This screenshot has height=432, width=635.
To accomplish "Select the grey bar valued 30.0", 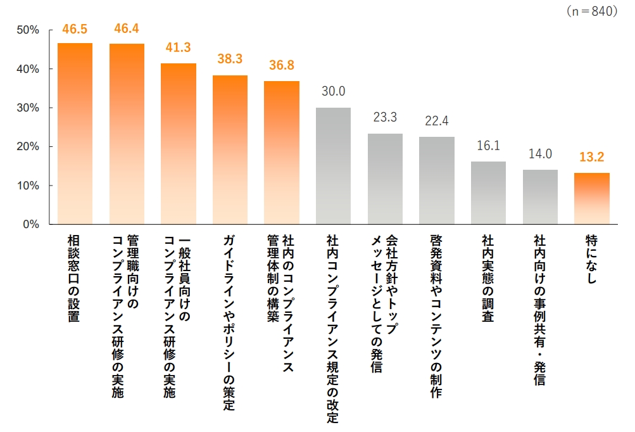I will (x=333, y=166).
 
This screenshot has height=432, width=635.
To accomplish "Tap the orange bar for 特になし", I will (x=591, y=198).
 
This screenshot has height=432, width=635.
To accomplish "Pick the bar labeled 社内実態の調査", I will (x=488, y=193).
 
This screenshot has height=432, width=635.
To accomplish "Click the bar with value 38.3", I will (x=230, y=149).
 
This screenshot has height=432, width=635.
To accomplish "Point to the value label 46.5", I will (x=75, y=29).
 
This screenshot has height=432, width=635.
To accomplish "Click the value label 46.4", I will (x=127, y=29).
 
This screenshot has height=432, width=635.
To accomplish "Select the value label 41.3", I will (x=178, y=48).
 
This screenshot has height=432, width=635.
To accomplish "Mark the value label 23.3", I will (x=385, y=117).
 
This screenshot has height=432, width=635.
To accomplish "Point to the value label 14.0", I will (x=540, y=153).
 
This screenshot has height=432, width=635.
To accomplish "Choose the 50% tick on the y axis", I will (x=28, y=30).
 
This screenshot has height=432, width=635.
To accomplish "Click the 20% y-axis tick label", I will (x=28, y=146).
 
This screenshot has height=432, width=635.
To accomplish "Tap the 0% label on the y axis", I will (x=32, y=224).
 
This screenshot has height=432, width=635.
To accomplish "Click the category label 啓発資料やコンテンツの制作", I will (x=436, y=316).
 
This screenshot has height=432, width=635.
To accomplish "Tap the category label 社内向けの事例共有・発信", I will (x=539, y=310).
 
